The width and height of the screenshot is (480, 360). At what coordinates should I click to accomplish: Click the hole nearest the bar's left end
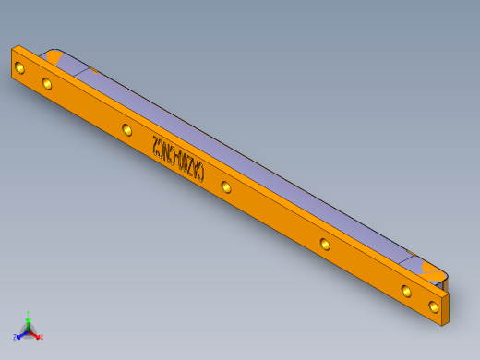(19, 66)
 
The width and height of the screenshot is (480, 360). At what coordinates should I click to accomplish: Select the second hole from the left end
(47, 83)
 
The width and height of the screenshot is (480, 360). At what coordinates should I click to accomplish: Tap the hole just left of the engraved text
(126, 129)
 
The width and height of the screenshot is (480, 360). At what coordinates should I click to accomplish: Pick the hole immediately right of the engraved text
(226, 186)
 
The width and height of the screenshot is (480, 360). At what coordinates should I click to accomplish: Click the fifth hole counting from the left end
(325, 244)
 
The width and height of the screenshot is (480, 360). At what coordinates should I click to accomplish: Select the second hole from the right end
(406, 291)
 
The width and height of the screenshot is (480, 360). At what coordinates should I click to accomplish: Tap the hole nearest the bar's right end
(434, 306)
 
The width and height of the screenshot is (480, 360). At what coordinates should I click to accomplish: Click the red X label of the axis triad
(41, 337)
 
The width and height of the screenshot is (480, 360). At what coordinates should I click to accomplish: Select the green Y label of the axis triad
(29, 314)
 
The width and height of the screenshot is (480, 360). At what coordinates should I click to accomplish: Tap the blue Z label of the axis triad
(15, 337)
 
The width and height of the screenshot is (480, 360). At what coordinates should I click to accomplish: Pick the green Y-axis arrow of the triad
(29, 321)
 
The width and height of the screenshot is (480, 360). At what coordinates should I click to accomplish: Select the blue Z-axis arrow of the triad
(21, 334)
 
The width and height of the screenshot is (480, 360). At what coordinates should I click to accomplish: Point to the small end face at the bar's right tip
(448, 307)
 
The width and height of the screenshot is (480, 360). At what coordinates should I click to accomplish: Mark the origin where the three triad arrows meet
(29, 330)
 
